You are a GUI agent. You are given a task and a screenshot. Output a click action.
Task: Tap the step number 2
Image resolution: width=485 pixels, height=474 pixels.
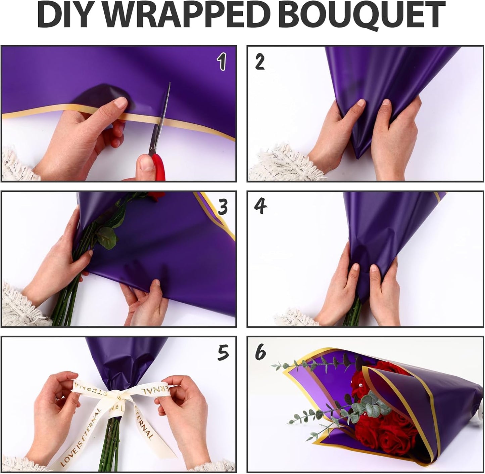260,62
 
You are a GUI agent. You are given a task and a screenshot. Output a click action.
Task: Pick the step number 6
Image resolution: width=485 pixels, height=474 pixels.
260,352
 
